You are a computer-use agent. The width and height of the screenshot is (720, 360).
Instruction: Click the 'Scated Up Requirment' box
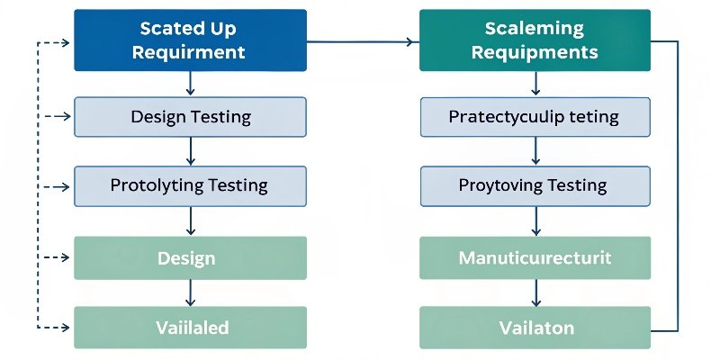[x=190, y=40]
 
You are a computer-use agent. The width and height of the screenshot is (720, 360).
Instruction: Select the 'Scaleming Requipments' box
[x=535, y=40]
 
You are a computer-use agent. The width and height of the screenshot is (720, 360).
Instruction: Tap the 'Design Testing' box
[x=190, y=116]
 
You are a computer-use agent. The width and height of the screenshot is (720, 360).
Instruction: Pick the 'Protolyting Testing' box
[x=190, y=186]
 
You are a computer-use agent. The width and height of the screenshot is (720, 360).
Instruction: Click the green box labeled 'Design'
[x=190, y=258]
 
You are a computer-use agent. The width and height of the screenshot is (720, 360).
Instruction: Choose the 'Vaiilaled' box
[x=190, y=328]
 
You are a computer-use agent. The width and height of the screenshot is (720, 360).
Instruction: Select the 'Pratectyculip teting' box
[x=535, y=116]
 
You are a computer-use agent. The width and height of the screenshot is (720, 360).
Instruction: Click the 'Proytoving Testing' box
[x=535, y=186]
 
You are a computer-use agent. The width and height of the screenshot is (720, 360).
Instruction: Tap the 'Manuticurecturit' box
[x=535, y=258]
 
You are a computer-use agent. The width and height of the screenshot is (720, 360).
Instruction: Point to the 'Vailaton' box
[x=535, y=328]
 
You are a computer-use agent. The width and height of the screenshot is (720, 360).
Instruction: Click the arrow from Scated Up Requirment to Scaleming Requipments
[x=363, y=41]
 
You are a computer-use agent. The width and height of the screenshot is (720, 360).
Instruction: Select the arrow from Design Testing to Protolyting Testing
[x=190, y=151]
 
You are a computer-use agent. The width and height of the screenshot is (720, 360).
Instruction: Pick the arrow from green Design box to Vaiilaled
[x=190, y=292]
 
